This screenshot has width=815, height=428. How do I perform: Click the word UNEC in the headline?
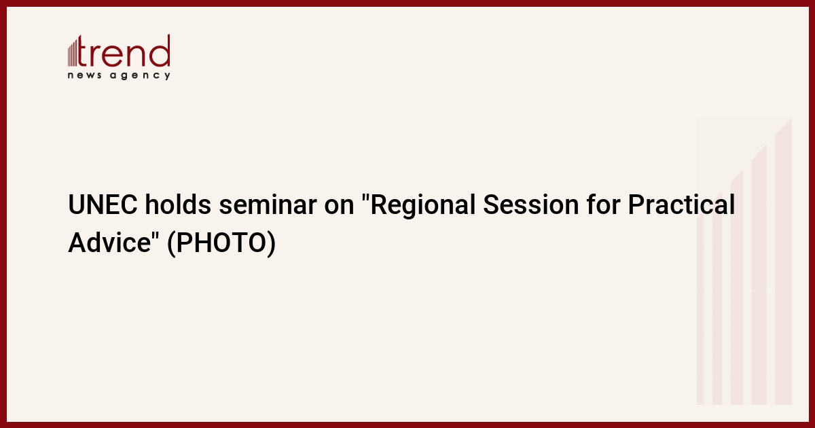pyautogui.click(x=103, y=204)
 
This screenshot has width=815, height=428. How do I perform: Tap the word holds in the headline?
pyautogui.click(x=178, y=204)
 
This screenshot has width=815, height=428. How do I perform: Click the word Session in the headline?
pyautogui.click(x=531, y=204)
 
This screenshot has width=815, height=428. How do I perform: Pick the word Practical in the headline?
pyautogui.click(x=681, y=204)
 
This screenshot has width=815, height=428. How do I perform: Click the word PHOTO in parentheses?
pyautogui.click(x=221, y=243)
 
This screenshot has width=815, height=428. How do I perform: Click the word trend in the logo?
pyautogui.click(x=124, y=51)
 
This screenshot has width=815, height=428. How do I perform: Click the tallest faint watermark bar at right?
pyautogui.click(x=783, y=261)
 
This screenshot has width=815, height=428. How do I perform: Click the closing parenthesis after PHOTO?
pyautogui.click(x=272, y=243)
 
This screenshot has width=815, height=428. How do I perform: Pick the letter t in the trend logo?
pyautogui.click(x=83, y=51)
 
